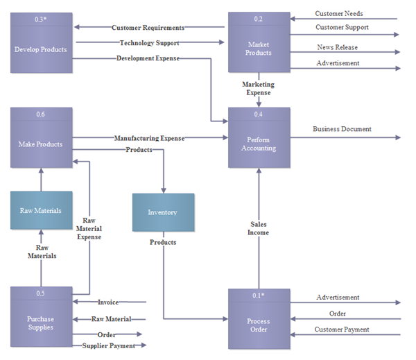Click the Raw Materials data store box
point(41,210)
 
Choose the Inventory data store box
point(163,212)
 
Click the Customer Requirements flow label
point(148,28)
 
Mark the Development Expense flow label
point(148,58)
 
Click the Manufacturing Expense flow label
point(149,138)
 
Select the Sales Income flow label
point(259,228)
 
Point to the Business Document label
point(342,129)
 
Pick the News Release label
point(338,47)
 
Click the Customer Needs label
point(338,13)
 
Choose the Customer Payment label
point(342,329)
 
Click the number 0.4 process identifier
point(259,114)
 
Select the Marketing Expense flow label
point(258,88)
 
